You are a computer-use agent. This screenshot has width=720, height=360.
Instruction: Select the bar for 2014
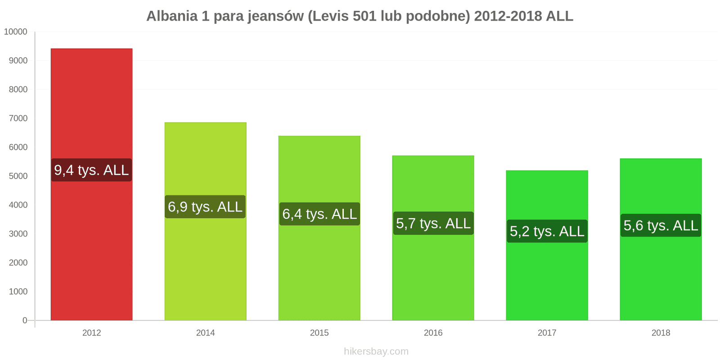click(x=205, y=270)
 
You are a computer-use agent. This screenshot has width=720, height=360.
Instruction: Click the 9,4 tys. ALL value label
click(x=91, y=170)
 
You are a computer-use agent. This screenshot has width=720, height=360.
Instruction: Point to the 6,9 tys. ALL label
click(x=205, y=207)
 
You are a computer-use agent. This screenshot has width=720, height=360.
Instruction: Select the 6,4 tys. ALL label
click(x=319, y=214)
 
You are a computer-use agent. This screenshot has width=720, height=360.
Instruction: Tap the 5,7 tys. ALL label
click(x=433, y=223)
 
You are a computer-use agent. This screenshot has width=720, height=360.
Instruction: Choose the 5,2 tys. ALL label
click(x=547, y=231)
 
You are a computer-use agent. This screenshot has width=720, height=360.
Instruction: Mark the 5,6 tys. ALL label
click(x=661, y=225)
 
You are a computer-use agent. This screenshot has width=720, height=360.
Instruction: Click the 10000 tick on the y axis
click(x=16, y=32)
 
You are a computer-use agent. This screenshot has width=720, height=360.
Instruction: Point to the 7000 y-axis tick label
click(x=18, y=118)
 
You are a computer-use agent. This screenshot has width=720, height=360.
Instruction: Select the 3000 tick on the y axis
click(x=18, y=234)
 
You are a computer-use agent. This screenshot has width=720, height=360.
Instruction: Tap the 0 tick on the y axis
click(x=25, y=320)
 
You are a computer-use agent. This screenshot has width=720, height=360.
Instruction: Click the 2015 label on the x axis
click(x=319, y=333)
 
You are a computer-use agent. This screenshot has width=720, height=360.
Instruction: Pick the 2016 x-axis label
click(x=433, y=333)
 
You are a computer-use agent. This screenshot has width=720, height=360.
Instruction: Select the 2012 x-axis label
click(x=91, y=333)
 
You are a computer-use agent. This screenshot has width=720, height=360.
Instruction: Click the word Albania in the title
click(x=172, y=16)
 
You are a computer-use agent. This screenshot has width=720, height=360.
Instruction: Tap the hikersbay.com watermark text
click(x=376, y=351)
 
